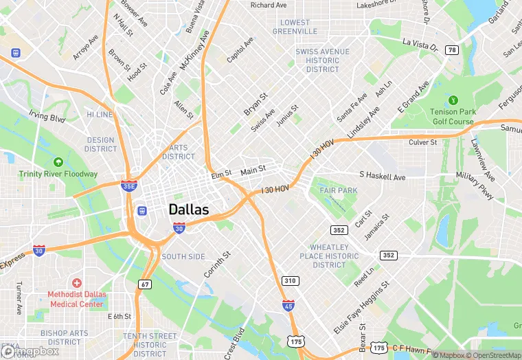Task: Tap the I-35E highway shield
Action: pos(128,185)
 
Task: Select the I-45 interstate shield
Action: pos(288,306)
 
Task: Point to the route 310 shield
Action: pos(291,280)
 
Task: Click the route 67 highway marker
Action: pos(144,284)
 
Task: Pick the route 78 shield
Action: pos(451,50)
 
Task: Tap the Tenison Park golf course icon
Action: pos(453,100)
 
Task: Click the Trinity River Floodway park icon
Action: pos(58,162)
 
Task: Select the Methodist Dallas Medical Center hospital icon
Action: pos(77,283)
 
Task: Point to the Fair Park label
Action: pos(337,190)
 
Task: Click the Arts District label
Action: pos(179,152)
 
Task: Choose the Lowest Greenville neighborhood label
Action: pos(295,27)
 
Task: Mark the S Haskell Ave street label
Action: pos(383,177)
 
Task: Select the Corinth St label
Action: pos(217,264)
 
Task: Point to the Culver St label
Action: pos(423,142)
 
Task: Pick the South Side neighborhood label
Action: pos(183,256)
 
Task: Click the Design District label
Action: pos(101,144)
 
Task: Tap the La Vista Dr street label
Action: pos(420,44)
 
